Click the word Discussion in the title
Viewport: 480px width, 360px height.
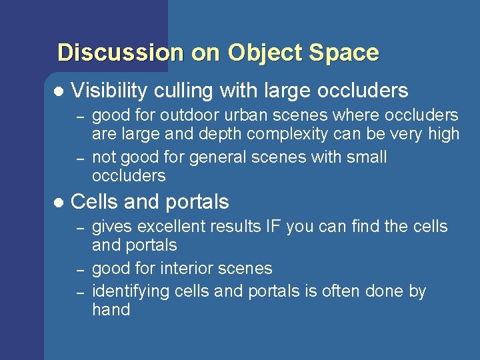click(x=120, y=52)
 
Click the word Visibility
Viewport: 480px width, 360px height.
click(x=109, y=90)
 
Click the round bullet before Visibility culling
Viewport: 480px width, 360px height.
click(x=57, y=91)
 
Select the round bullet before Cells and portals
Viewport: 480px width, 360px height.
click(x=57, y=202)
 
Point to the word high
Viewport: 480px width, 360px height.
click(x=443, y=134)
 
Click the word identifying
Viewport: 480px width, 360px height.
click(x=131, y=291)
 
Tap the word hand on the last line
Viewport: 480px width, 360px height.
click(x=111, y=310)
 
